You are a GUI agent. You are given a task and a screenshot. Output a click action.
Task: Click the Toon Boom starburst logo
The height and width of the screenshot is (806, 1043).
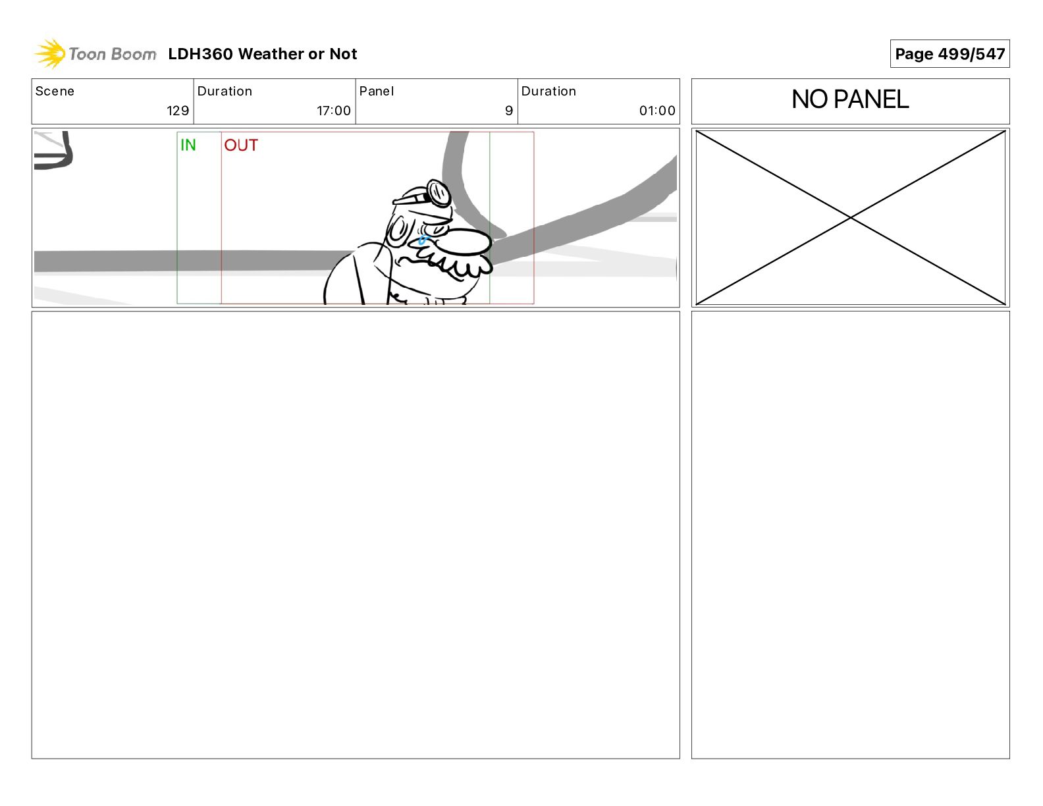click(50, 54)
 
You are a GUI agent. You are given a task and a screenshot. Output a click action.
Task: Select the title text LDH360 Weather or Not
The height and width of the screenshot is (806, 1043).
click(263, 54)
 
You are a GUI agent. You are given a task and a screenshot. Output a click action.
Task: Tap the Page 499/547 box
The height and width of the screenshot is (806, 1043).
click(949, 54)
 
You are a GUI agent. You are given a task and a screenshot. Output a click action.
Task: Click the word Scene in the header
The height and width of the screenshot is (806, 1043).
click(55, 92)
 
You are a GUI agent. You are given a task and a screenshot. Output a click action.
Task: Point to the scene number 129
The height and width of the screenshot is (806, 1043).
click(178, 111)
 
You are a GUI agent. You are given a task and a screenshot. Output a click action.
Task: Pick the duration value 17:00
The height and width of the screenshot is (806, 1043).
click(334, 111)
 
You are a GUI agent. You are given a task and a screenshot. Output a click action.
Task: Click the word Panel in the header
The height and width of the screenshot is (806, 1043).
click(376, 92)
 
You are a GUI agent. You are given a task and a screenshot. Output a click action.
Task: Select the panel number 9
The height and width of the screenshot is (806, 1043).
click(509, 111)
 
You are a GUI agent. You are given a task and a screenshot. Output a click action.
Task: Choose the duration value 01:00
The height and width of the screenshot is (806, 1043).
click(657, 111)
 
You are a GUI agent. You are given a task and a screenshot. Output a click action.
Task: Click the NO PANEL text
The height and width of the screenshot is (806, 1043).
click(850, 99)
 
